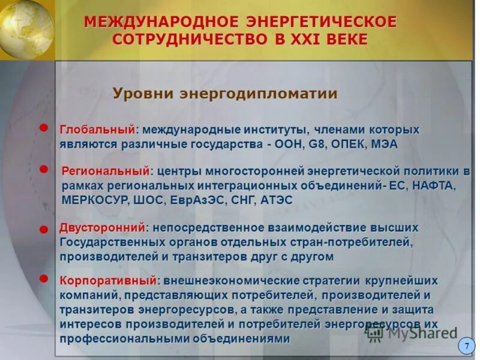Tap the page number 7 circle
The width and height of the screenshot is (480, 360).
tap(467, 346)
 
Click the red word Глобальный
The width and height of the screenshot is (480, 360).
tap(98, 130)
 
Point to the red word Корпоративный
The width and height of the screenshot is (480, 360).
tap(109, 281)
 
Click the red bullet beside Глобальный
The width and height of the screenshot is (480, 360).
tap(44, 127)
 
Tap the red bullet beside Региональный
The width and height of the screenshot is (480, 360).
tap(44, 170)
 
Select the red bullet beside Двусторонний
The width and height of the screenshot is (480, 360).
tap(44, 229)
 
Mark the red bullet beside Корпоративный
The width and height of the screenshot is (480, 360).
tap(44, 279)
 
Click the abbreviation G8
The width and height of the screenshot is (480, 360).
tap(316, 145)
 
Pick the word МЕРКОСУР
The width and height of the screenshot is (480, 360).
tap(93, 200)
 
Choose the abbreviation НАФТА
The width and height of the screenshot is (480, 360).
tap(433, 186)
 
